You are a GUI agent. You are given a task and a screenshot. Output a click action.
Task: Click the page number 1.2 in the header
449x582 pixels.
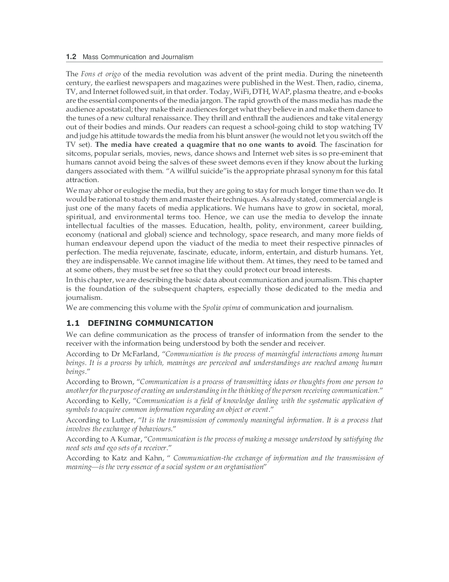point(71,57)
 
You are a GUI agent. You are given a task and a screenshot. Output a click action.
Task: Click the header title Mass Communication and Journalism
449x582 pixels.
point(138,57)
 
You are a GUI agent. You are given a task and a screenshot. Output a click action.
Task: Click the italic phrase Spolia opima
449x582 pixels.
point(221,308)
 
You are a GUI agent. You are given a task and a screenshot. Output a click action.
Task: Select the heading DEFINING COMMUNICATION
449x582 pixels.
point(150,323)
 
